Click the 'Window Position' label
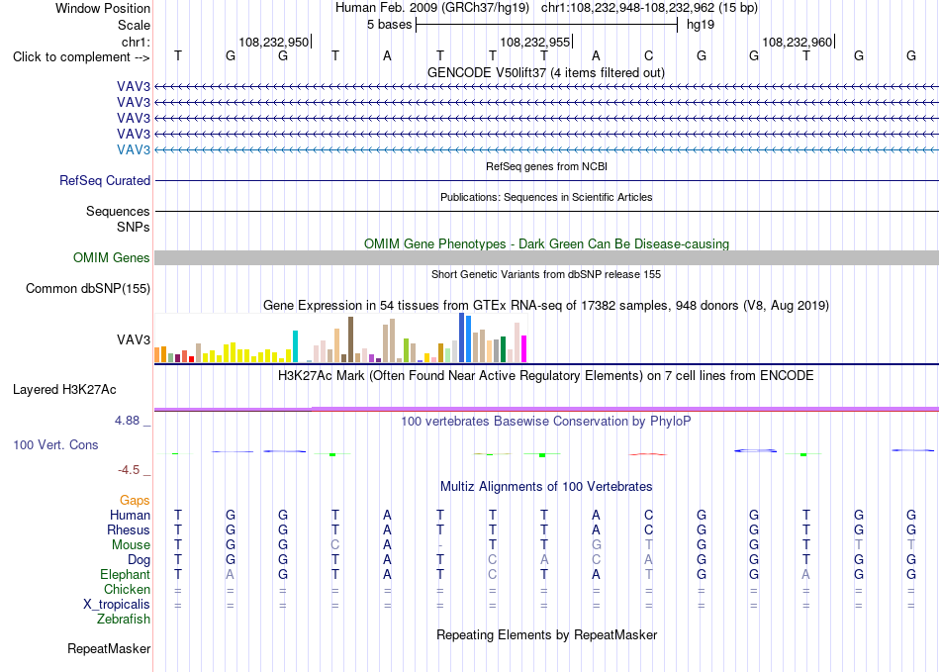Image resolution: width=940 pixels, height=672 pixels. point(103,8)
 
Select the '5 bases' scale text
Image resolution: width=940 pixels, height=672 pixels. point(390,25)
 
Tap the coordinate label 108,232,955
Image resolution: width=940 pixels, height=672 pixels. point(534,42)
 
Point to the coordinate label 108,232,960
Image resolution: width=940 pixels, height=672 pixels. point(798,42)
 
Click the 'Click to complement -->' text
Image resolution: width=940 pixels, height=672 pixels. point(81,57)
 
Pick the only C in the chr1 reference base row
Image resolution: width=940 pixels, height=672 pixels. point(649,55)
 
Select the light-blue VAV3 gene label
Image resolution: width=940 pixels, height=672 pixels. point(134,149)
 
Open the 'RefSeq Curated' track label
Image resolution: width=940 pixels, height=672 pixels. point(105,180)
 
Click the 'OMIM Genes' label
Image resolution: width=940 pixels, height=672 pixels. point(112,257)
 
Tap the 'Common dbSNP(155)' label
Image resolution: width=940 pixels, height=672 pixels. point(87,288)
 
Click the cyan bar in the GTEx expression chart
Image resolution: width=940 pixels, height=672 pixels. point(295,346)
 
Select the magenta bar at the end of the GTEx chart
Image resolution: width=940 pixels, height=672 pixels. point(524,349)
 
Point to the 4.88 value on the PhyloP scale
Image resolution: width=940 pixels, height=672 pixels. point(127,421)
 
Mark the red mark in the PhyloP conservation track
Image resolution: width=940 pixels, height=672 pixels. point(647,454)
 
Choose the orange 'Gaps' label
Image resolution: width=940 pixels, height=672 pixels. point(135,500)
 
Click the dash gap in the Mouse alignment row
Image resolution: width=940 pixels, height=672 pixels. point(440,545)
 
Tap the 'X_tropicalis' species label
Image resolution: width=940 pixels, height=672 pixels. point(117,605)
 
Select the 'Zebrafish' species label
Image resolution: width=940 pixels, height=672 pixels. point(124,620)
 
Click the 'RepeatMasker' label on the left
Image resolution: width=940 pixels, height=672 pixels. point(109,648)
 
